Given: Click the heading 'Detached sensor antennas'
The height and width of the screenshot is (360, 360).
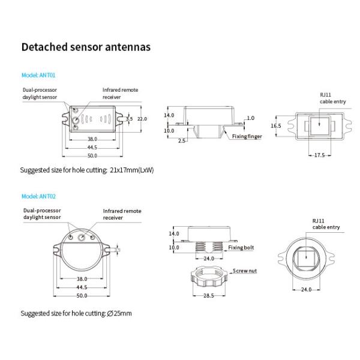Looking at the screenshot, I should (86, 47).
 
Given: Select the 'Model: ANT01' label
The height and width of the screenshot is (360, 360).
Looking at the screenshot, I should (38, 76).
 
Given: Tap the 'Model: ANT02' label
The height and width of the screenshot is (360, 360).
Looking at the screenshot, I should (38, 196).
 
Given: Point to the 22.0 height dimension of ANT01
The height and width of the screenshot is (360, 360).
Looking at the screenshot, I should (142, 119).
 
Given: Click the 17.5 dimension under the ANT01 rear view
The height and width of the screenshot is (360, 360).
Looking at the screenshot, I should (319, 155).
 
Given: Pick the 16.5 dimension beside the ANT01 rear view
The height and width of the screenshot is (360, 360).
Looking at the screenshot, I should (275, 126).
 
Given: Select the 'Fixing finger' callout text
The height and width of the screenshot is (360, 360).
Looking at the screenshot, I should (247, 137).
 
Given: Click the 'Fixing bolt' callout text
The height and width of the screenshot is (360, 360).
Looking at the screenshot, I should (241, 247).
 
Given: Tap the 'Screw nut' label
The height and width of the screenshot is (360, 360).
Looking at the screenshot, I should (244, 271).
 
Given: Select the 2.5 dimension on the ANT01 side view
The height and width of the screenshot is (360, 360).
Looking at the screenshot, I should (181, 141).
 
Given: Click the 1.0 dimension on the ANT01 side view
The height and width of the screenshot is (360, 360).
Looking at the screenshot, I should (250, 118).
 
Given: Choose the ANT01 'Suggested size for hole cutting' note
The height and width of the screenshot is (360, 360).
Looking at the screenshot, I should (87, 170).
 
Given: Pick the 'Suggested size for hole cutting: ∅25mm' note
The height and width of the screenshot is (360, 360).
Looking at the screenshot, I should (76, 313).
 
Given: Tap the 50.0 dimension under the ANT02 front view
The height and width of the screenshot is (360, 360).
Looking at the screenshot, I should (82, 296).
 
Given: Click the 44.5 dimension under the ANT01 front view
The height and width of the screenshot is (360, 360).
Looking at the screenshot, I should (92, 147).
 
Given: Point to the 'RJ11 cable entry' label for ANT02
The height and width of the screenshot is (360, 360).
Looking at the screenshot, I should (326, 224).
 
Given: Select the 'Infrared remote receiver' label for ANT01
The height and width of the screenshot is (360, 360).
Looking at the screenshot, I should (120, 93).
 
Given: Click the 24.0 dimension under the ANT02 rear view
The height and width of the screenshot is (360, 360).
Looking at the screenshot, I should (307, 290).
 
